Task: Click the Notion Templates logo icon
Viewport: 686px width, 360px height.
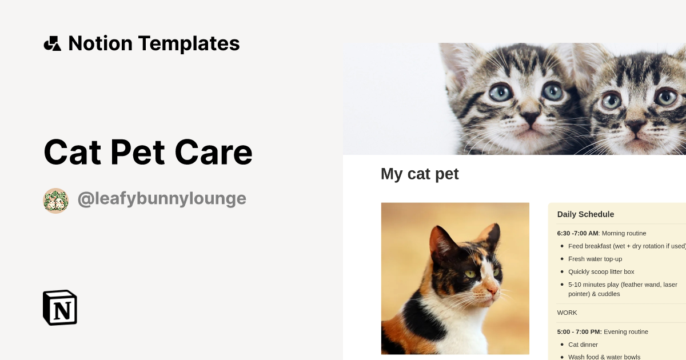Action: [52, 43]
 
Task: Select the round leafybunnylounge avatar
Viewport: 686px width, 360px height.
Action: [56, 201]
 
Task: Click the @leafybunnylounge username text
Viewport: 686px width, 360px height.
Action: [162, 199]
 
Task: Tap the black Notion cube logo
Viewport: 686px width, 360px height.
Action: [60, 307]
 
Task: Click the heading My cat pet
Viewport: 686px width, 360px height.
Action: [420, 174]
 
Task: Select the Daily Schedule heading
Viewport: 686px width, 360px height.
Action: [585, 214]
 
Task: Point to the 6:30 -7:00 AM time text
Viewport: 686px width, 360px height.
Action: [577, 233]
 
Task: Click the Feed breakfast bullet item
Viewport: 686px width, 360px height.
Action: [626, 246]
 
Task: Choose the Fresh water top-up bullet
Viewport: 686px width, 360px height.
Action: [595, 259]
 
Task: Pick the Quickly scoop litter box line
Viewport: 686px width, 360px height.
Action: [601, 271]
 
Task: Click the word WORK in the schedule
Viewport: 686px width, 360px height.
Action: [567, 313]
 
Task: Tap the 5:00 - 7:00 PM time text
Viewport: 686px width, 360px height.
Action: [579, 331]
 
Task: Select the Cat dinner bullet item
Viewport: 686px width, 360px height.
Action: [583, 345]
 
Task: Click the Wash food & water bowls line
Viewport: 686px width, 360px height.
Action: [604, 357]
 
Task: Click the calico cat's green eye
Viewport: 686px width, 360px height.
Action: [470, 274]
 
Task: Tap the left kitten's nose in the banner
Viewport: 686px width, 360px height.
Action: [530, 118]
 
